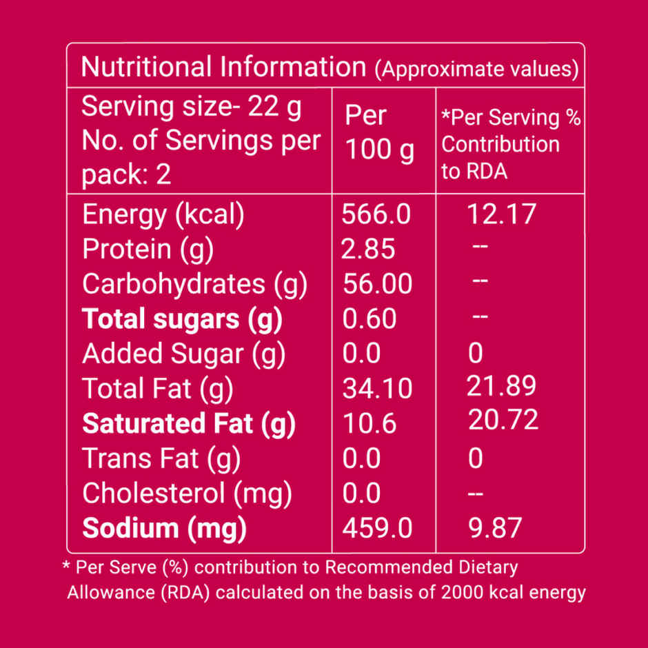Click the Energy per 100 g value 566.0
tap(376, 214)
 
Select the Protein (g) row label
tap(148, 250)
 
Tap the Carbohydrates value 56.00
tap(377, 283)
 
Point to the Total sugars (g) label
tap(182, 320)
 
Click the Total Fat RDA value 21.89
tap(501, 385)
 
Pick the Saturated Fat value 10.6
tap(369, 423)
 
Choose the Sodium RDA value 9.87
tap(495, 528)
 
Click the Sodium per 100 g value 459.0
tap(377, 528)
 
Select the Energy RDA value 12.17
tap(501, 214)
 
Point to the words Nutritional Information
tap(223, 67)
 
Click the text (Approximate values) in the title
tap(476, 69)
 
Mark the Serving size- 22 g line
tap(192, 107)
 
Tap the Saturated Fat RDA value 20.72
tap(503, 419)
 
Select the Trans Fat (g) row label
tap(161, 459)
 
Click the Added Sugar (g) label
tap(184, 354)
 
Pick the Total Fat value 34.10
tap(377, 389)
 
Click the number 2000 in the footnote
tap(462, 592)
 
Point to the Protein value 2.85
tap(368, 249)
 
